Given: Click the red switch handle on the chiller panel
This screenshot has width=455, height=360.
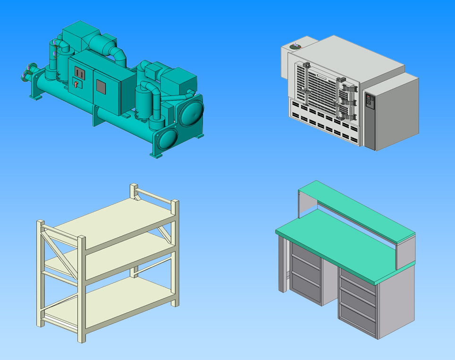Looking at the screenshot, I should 76,84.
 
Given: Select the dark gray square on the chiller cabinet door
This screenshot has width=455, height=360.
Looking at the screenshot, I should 101,86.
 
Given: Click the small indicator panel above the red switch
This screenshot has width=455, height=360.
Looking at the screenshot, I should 78,73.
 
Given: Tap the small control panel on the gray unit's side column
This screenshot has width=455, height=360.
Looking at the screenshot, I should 369,102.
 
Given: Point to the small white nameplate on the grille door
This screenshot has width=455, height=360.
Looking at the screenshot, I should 321,76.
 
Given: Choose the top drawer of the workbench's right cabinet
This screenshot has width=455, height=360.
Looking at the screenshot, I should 357,282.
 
